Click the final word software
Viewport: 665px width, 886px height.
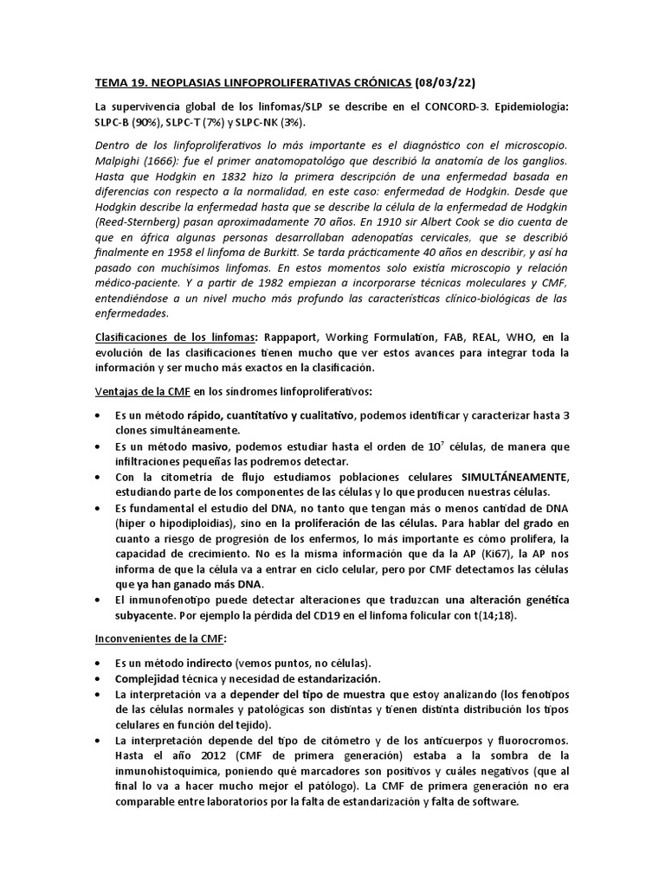(491, 802)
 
